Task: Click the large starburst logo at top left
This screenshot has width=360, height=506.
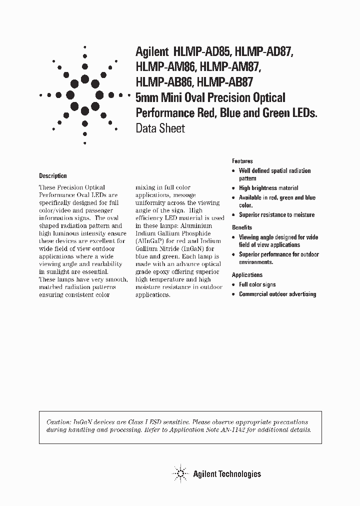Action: (84, 93)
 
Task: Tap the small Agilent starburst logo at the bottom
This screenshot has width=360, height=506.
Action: (179, 473)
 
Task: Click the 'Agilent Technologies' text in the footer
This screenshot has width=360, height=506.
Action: (227, 474)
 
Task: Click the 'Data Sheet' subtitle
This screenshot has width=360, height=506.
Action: (160, 128)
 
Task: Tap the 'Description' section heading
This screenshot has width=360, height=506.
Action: (53, 176)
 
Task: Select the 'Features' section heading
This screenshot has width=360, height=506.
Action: (242, 161)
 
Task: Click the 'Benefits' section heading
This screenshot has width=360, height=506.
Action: (242, 227)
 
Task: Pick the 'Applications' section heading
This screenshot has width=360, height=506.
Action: (247, 275)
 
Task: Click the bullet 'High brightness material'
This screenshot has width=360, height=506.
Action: (268, 188)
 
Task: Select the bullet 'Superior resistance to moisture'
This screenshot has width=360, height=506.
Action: (276, 215)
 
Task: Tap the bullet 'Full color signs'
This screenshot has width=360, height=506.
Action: (257, 284)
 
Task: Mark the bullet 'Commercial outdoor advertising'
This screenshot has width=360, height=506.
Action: (277, 294)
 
